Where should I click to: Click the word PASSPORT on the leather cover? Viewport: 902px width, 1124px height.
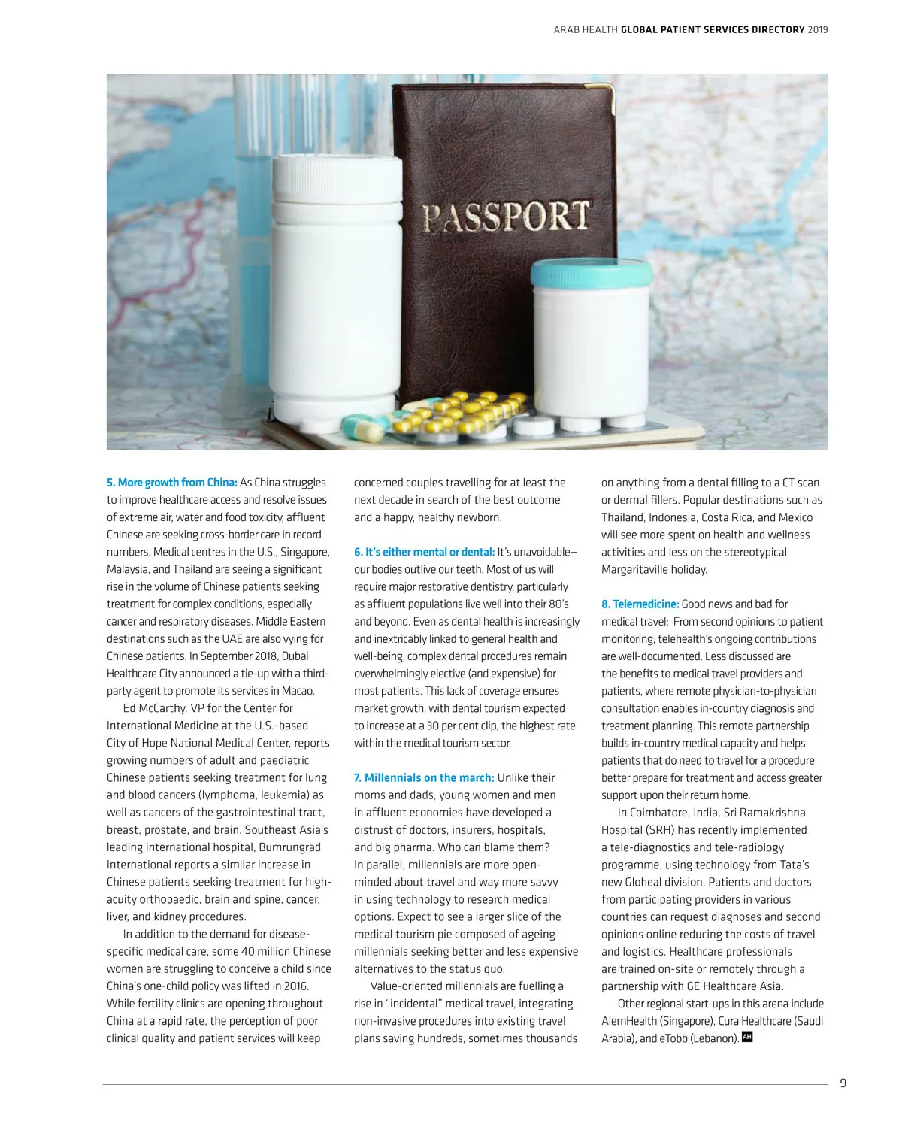[x=506, y=217]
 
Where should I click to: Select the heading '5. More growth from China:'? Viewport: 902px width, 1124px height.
[x=172, y=483]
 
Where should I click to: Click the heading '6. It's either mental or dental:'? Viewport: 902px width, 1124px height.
[x=424, y=552]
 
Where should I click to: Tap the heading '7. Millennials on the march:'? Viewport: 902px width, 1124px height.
[x=424, y=777]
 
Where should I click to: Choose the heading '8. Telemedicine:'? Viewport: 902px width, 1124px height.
[x=640, y=604]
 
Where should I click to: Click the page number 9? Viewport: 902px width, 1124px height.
[x=843, y=1083]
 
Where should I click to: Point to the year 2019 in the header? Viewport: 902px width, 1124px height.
[x=818, y=30]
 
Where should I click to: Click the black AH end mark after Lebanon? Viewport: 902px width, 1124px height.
[x=746, y=1037]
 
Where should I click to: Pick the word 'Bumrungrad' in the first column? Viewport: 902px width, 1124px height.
[x=289, y=847]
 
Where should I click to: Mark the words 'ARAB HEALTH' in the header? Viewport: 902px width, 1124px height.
[x=585, y=30]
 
